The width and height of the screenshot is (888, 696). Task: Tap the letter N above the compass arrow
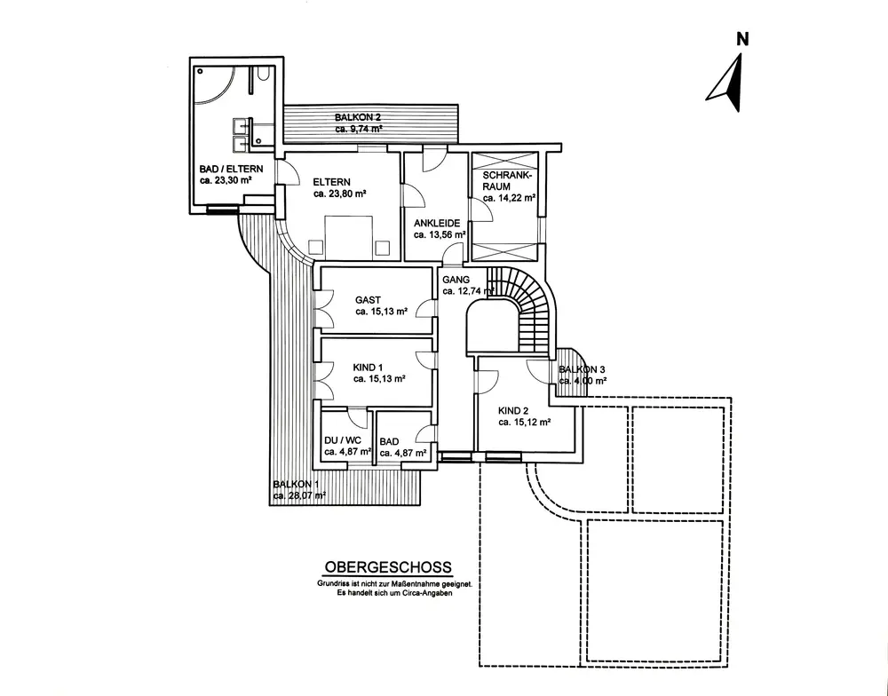point(742,39)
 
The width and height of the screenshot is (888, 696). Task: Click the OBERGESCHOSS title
point(388,566)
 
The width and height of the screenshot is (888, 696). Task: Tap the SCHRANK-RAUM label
point(507,181)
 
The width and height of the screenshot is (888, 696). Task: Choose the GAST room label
point(368,300)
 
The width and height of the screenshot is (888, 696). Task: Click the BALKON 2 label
point(360,117)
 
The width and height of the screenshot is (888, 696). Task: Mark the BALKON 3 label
point(582,369)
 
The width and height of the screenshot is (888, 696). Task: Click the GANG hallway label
point(456,279)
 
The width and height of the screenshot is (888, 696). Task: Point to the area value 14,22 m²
point(509,199)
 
